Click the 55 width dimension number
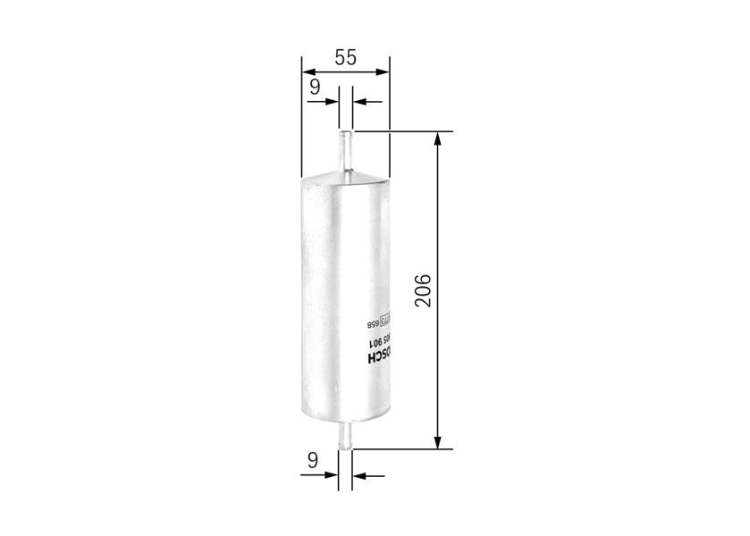point(346,57)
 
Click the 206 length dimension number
point(424,290)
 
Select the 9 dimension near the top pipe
point(314,87)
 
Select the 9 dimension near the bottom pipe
point(313,461)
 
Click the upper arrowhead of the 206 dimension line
point(438,138)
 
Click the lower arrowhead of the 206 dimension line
point(438,441)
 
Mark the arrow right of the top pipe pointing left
point(358,102)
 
